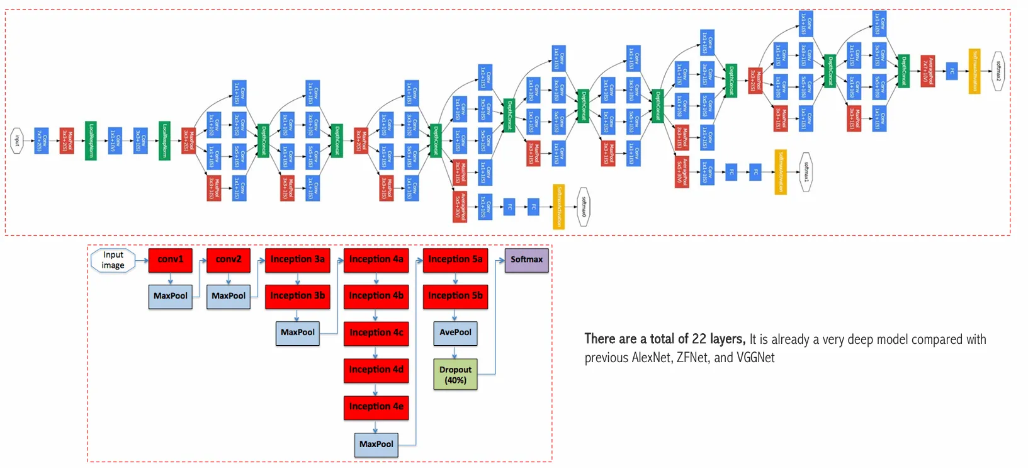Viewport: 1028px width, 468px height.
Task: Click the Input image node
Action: pos(113,260)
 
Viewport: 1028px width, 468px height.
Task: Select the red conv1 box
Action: pos(170,260)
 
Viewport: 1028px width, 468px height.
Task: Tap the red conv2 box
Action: pos(229,260)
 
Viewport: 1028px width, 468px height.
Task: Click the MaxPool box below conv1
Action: pos(170,296)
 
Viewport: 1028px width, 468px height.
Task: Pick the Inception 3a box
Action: pos(297,260)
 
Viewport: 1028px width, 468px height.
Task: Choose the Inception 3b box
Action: pos(297,296)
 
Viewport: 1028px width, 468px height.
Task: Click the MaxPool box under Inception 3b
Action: pos(297,333)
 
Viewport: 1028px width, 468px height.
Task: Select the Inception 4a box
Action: pos(376,260)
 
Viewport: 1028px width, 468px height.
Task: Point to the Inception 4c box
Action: pos(376,333)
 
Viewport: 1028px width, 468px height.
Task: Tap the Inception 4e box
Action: pos(376,407)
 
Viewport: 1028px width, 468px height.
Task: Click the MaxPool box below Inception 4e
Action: pos(376,445)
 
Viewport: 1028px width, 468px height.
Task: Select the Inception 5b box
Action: pos(455,296)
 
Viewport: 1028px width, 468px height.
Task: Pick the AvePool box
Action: pos(455,333)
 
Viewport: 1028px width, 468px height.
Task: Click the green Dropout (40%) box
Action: pos(455,375)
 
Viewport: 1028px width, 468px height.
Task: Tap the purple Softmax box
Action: pos(526,260)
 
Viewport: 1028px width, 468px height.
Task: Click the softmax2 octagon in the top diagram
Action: pos(998,71)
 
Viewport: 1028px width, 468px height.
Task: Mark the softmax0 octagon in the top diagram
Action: pos(584,207)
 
